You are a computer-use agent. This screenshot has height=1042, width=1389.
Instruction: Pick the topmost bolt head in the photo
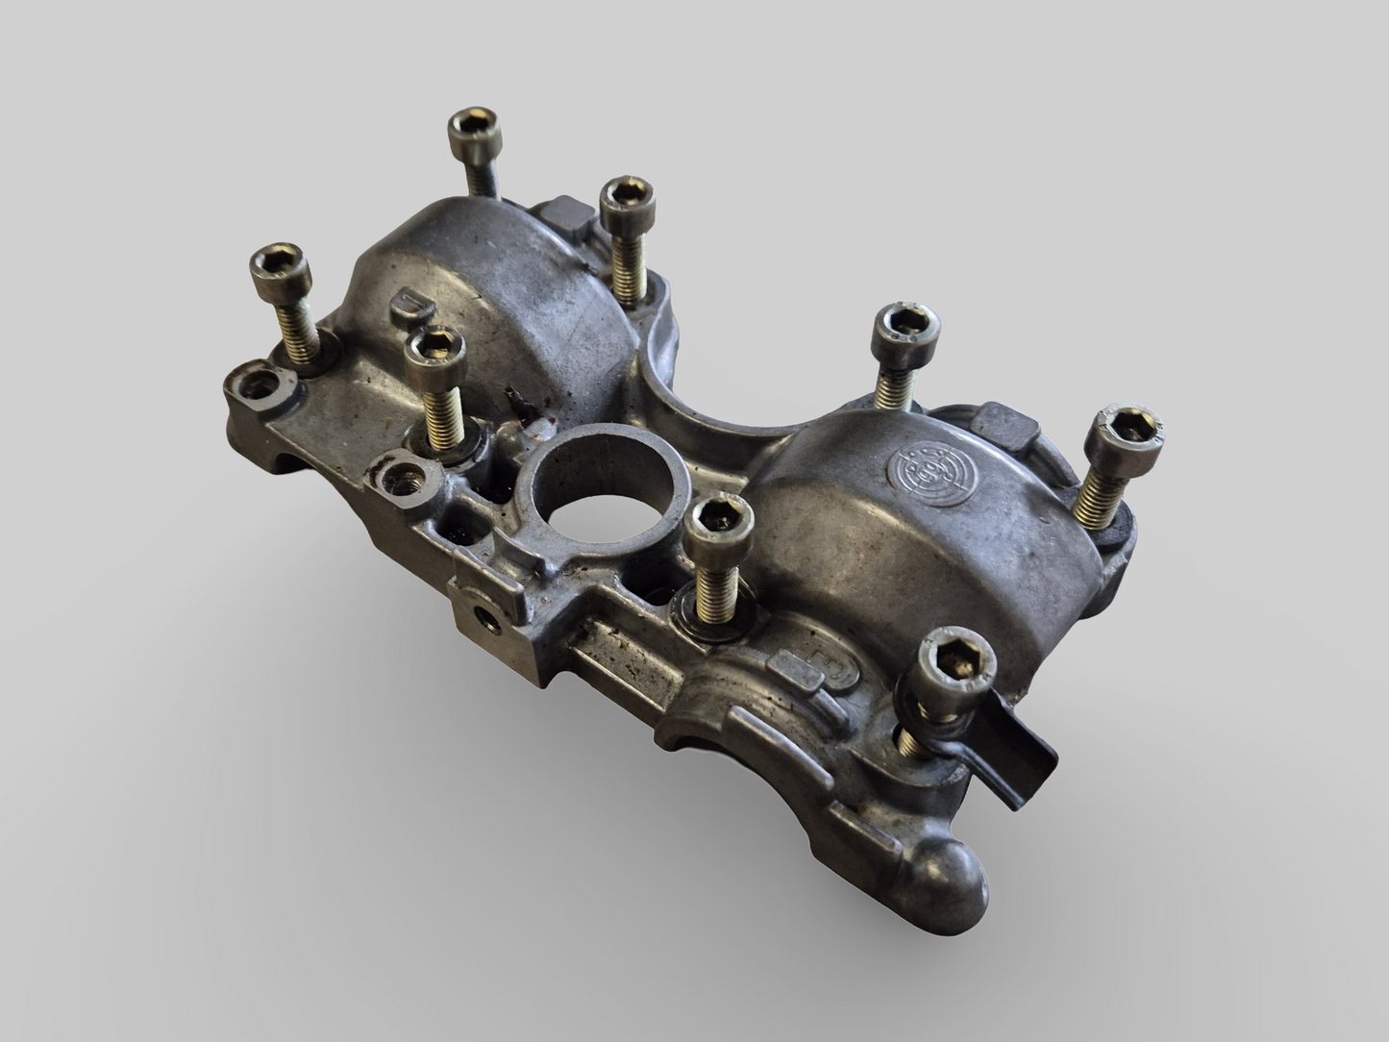(x=474, y=128)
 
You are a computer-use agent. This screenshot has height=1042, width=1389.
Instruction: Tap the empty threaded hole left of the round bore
(x=402, y=475)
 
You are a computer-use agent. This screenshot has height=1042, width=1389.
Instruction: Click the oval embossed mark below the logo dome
(x=802, y=669)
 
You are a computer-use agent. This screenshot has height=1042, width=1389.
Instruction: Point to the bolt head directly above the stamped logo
(x=905, y=327)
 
